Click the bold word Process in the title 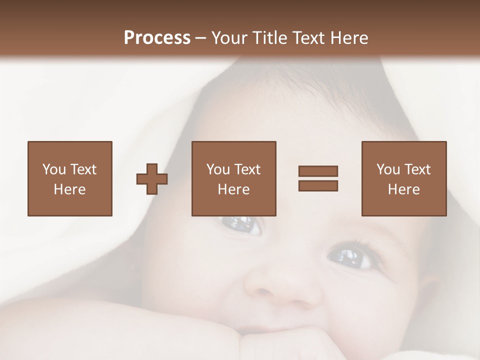click(x=157, y=38)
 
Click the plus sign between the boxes click(x=152, y=179)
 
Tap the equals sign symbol click(x=318, y=178)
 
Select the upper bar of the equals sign click(x=318, y=171)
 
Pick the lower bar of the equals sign click(x=318, y=185)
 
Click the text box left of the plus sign click(x=69, y=178)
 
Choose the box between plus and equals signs click(x=233, y=178)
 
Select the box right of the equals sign click(x=403, y=178)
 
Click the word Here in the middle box click(x=233, y=189)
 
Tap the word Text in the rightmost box click(x=417, y=169)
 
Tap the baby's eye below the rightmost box click(x=353, y=257)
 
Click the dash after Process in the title click(x=201, y=38)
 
